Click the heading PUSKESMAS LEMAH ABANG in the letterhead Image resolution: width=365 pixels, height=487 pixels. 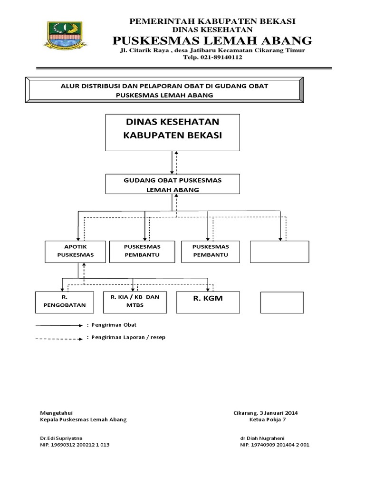tap(212, 40)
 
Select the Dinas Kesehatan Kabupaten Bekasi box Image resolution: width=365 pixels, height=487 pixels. tap(172, 132)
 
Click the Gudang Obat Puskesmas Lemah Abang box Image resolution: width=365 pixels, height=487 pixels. tap(173, 184)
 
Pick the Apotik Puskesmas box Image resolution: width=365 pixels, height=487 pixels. tap(75, 251)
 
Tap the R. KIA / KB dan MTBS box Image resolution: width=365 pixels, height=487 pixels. tap(135, 302)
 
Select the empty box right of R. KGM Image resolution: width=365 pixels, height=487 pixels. tap(282, 302)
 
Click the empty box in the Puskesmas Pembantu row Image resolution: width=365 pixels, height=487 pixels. tap(279, 251)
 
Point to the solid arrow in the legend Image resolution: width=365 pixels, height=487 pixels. tap(59, 326)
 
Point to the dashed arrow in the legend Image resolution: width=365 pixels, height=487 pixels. tap(59, 338)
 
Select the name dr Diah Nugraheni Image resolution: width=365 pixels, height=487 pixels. tap(262, 437)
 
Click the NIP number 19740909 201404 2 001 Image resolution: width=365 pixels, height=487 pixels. tap(275, 445)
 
